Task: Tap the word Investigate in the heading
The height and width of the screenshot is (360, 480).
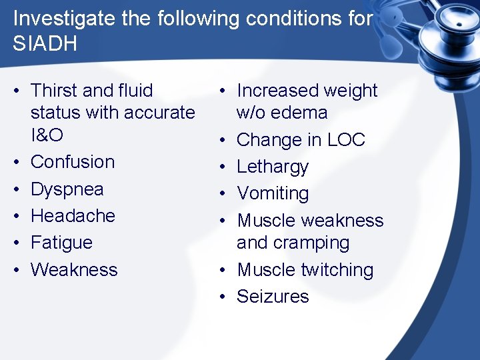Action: coord(63,18)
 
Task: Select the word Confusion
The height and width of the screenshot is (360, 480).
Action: coord(73,162)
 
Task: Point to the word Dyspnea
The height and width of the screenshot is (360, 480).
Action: coord(67,189)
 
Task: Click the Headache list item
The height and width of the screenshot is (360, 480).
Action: coord(73,216)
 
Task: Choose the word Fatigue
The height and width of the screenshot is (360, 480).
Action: coord(61,243)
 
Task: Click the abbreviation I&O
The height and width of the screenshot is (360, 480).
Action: coord(47,135)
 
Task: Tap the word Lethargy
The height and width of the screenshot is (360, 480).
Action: coord(273,167)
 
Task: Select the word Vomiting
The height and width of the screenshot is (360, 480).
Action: coord(273,193)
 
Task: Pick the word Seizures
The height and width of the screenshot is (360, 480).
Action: coord(273,297)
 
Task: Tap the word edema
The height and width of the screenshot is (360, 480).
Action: coord(298,113)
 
